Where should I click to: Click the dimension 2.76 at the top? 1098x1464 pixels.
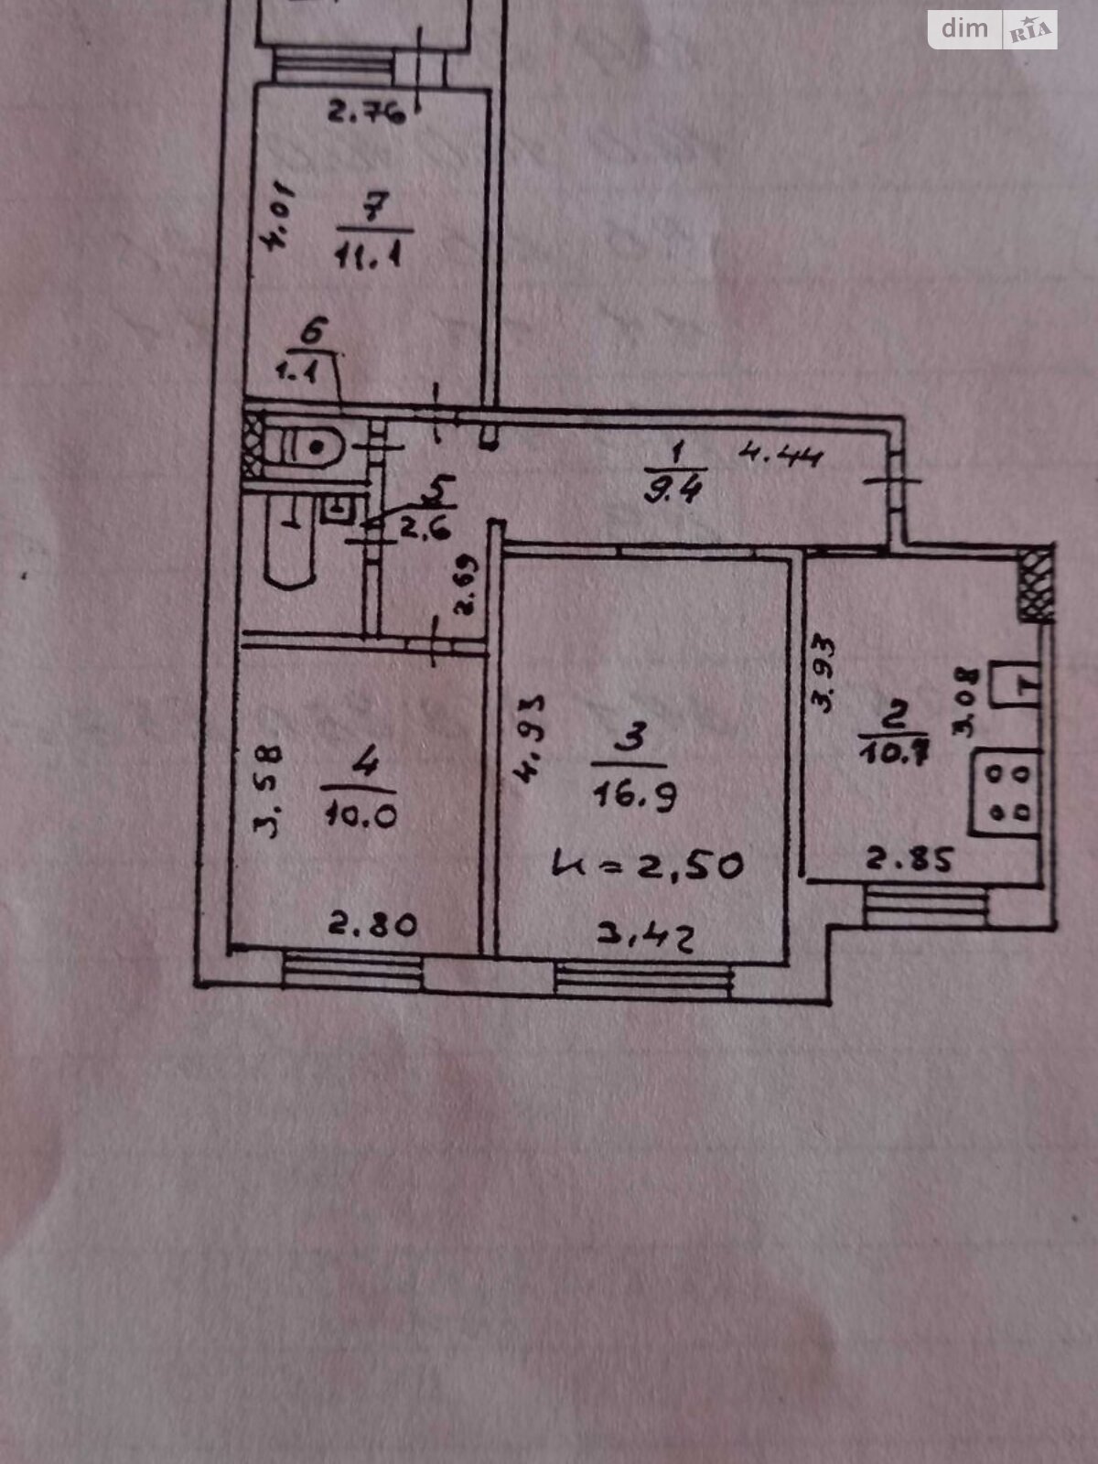pos(366,114)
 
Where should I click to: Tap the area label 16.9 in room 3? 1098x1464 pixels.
pos(634,797)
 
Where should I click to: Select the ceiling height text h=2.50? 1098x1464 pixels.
pos(649,864)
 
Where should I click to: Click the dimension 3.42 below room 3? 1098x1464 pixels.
pos(645,935)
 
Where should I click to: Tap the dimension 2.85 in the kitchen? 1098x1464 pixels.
pos(910,860)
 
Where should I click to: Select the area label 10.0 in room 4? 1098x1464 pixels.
pos(361,814)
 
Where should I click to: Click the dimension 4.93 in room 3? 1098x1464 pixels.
pos(530,739)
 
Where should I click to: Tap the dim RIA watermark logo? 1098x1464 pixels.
pos(992,29)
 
